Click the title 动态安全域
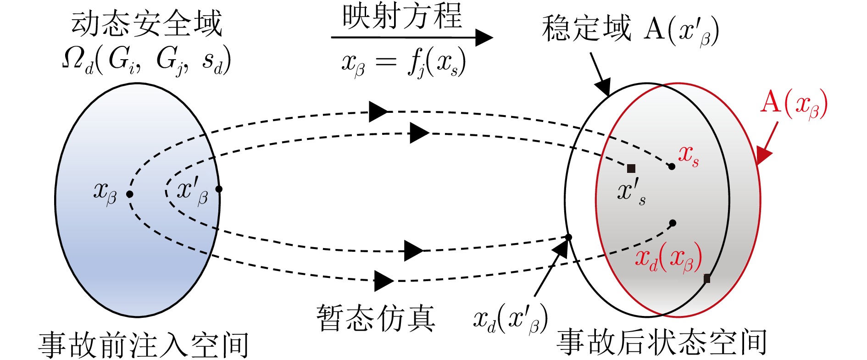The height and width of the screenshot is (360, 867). [147, 24]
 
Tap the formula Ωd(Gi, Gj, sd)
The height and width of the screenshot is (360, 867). [146, 61]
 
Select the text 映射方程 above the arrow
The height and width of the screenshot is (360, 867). [402, 16]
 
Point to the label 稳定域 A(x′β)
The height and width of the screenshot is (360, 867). [630, 30]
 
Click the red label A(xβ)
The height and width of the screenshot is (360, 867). [794, 104]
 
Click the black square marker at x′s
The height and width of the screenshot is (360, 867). [631, 168]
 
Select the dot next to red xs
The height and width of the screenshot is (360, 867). [672, 166]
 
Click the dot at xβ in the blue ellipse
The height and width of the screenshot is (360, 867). [130, 194]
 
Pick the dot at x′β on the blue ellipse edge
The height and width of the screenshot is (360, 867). [219, 189]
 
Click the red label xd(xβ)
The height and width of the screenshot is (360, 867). [668, 258]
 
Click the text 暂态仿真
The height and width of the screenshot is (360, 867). [376, 318]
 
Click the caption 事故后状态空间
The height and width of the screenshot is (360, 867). [661, 342]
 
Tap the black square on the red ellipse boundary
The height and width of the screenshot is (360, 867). [707, 278]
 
